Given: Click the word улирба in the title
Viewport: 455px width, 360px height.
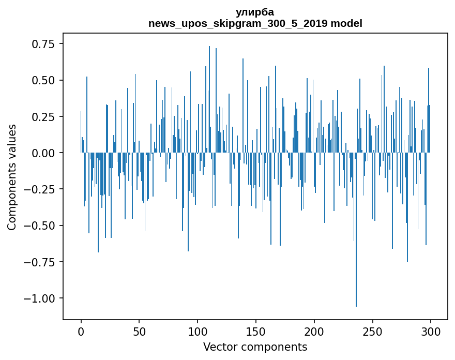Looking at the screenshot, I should [x=255, y=12].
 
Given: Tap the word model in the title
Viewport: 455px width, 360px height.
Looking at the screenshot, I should [x=346, y=24].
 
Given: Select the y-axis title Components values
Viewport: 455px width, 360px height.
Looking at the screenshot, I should [x=12, y=177].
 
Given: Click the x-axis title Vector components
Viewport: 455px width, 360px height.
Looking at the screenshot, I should [x=255, y=347].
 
